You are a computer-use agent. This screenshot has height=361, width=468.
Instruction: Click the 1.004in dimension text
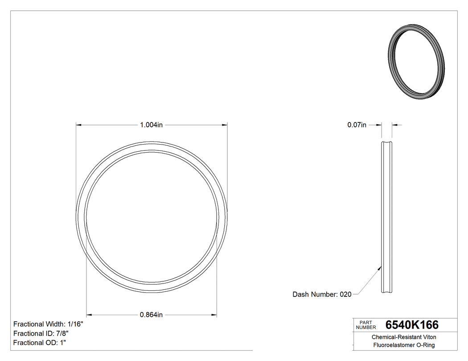click(x=152, y=125)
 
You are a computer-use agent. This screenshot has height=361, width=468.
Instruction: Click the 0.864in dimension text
click(x=151, y=315)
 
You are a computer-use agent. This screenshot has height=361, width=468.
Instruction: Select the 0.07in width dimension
click(x=357, y=125)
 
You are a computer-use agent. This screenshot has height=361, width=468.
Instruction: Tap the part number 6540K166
click(x=412, y=324)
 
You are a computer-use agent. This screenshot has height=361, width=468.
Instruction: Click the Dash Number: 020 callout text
click(x=322, y=294)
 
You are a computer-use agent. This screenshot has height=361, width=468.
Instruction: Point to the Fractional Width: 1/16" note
click(x=48, y=324)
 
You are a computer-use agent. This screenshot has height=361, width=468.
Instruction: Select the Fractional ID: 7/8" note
click(x=41, y=333)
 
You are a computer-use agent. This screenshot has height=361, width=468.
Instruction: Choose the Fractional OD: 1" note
click(x=40, y=343)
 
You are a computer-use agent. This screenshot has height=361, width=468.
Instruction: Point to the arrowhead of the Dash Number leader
click(x=380, y=268)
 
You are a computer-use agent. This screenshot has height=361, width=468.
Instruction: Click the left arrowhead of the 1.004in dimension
click(x=78, y=125)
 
